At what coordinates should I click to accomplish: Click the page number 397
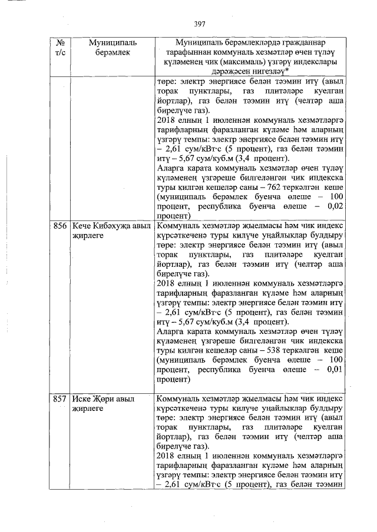coord(199,24)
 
